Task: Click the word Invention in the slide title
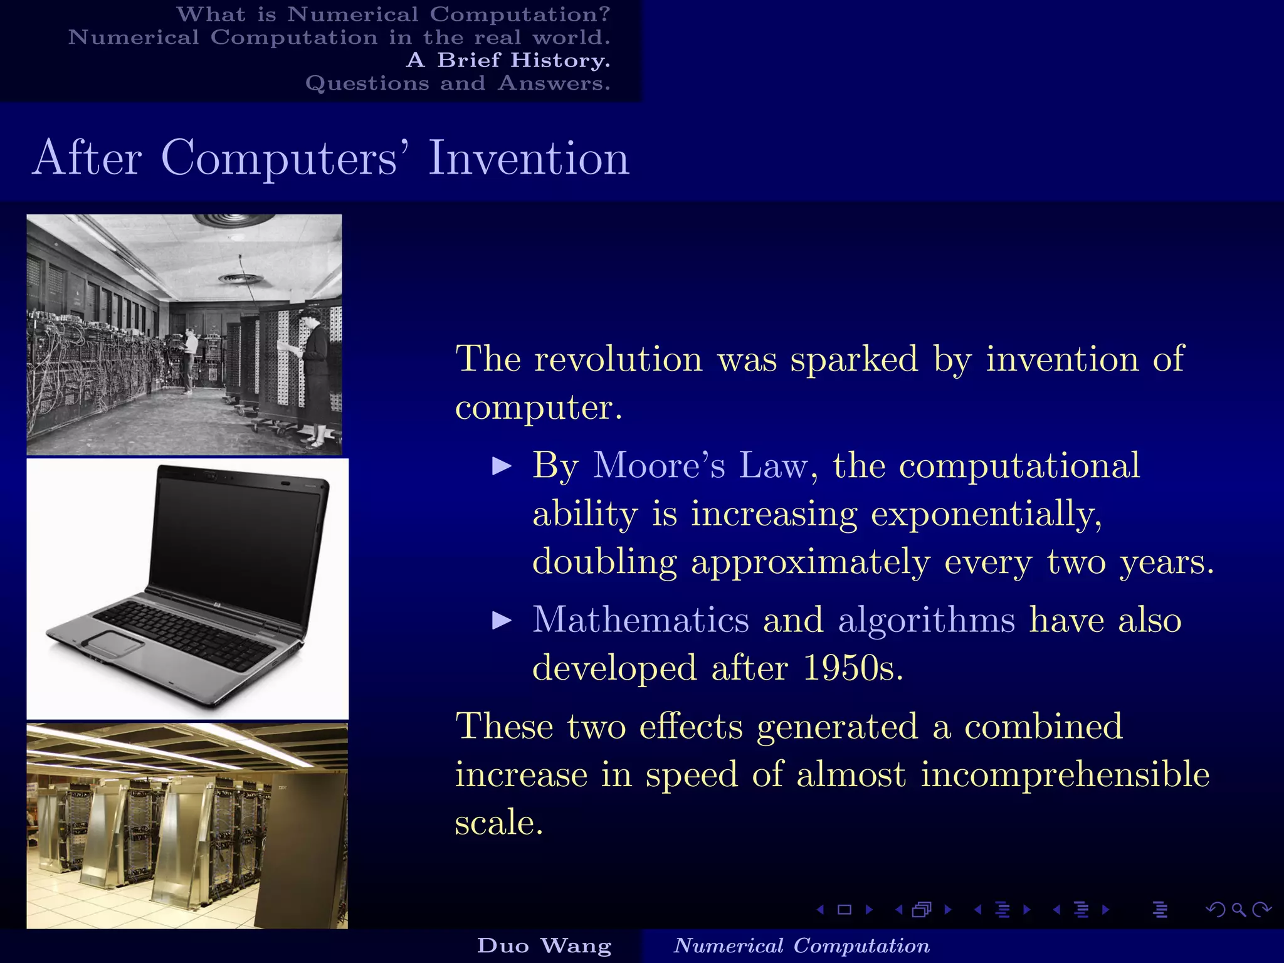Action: point(528,158)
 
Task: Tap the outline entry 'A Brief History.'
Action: point(508,60)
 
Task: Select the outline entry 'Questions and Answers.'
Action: point(458,83)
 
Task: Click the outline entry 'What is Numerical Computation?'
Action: point(393,14)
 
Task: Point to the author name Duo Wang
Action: point(544,945)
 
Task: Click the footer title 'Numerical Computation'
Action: point(801,945)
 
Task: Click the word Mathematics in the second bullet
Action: point(640,620)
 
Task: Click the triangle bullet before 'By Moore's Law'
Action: point(502,466)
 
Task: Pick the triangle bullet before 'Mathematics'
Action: point(502,621)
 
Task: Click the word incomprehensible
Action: point(1065,774)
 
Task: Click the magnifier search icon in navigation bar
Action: point(1238,910)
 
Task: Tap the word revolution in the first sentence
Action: point(618,360)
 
